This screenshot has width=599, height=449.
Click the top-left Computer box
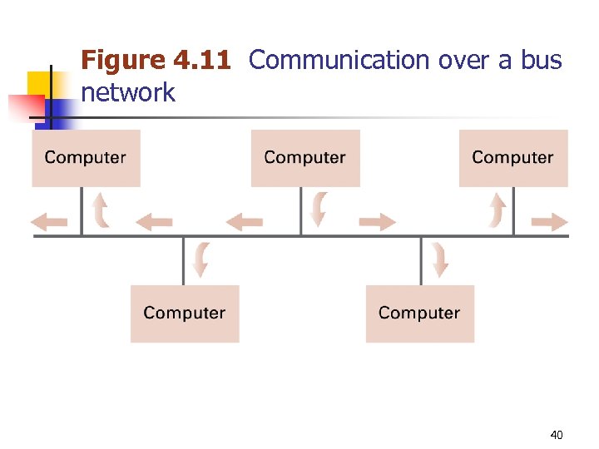(86, 158)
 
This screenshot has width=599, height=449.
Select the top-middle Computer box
(305, 158)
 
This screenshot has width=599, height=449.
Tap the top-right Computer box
(512, 158)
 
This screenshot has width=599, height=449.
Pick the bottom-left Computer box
(185, 313)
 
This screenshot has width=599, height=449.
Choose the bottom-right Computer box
(419, 313)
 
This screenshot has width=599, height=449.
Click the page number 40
(557, 434)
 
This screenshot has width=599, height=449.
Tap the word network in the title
(128, 92)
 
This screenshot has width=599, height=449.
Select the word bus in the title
(540, 61)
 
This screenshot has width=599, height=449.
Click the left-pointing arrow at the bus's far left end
(49, 221)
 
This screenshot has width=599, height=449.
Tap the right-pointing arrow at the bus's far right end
(549, 221)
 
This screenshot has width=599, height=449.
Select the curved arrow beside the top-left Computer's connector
(101, 210)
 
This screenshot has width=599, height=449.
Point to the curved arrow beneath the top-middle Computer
(319, 210)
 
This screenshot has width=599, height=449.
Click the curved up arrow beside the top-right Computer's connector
(497, 210)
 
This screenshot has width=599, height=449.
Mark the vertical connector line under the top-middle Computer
(301, 211)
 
